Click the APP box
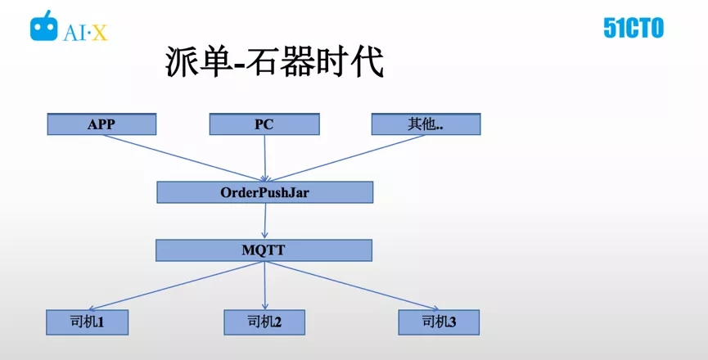click(101, 124)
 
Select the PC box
click(264, 124)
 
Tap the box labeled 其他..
click(426, 124)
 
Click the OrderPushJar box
click(264, 192)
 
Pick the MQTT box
click(264, 250)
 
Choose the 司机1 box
click(87, 322)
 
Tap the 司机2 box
click(264, 322)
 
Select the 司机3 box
click(439, 322)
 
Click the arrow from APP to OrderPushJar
click(184, 158)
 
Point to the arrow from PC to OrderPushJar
click(264, 158)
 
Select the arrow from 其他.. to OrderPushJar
click(345, 158)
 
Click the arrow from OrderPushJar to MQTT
click(265, 221)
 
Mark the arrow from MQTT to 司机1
click(175, 286)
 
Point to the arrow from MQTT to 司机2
click(264, 286)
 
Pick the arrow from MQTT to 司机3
click(352, 286)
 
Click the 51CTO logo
click(634, 29)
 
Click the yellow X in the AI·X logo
click(99, 33)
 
